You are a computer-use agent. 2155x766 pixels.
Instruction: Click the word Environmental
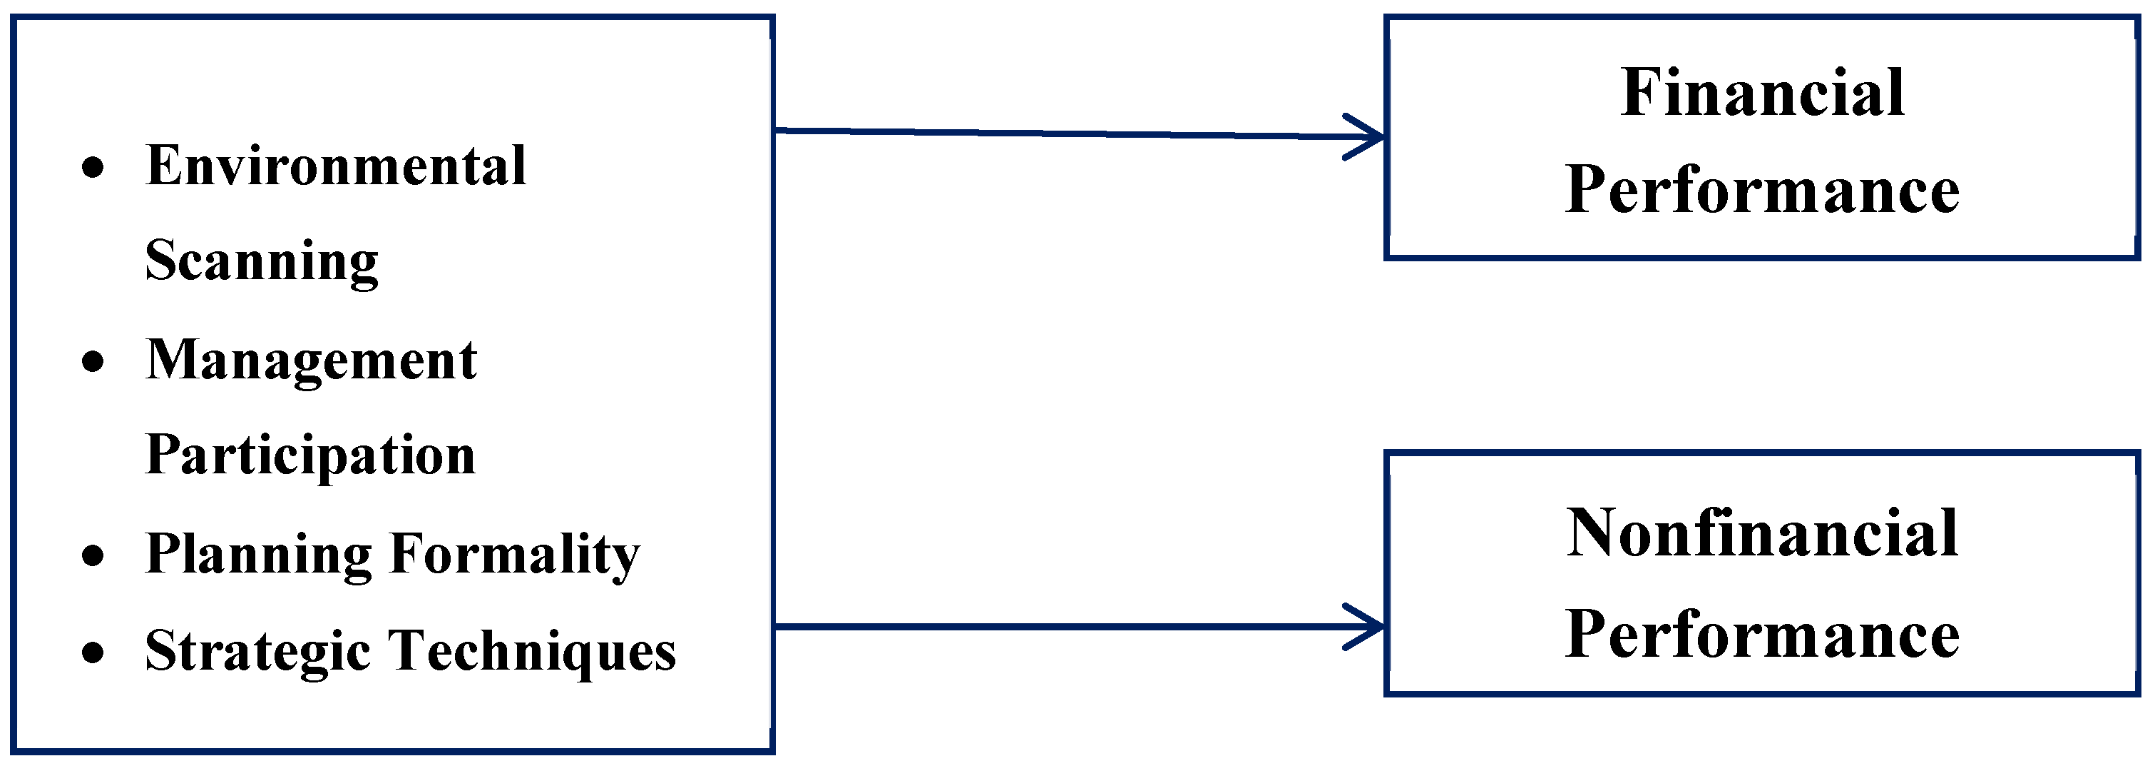point(335,165)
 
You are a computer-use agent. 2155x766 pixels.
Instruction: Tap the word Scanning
point(262,261)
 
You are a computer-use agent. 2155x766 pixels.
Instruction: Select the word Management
point(311,360)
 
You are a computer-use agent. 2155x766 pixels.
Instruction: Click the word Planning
point(257,554)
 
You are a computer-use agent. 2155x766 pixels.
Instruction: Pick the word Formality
point(514,554)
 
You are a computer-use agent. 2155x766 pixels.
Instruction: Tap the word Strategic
point(257,651)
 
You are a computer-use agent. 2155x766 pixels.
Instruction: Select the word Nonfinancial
point(1763,533)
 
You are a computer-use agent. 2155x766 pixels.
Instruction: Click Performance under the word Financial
point(1763,190)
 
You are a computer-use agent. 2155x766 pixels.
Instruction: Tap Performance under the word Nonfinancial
point(1763,634)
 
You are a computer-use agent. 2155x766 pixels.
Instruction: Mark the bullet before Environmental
point(93,168)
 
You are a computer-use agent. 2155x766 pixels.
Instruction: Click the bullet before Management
point(93,362)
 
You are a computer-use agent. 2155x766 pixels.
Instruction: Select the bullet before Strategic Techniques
point(93,652)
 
